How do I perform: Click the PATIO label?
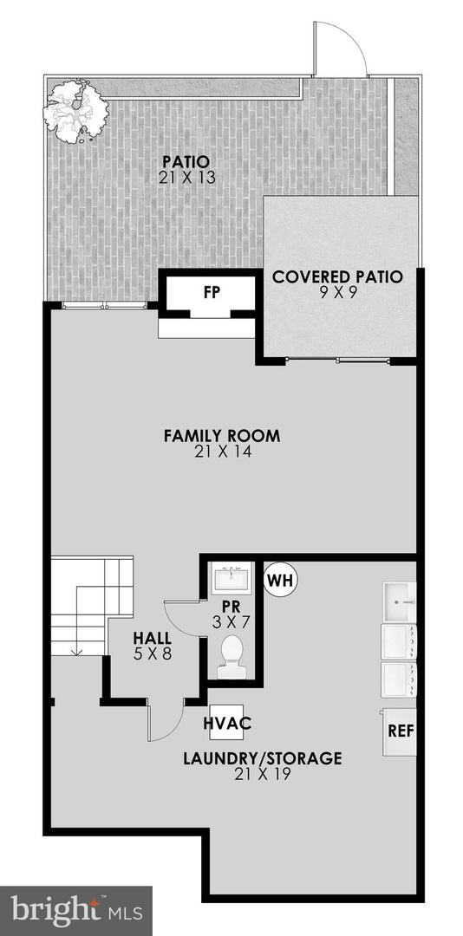pyautogui.click(x=186, y=161)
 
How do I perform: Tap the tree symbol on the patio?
pyautogui.click(x=77, y=109)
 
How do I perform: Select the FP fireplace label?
pyautogui.click(x=211, y=292)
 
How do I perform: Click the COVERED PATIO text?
pyautogui.click(x=337, y=277)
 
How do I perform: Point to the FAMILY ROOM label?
pyautogui.click(x=221, y=435)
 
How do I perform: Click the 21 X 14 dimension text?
pyautogui.click(x=221, y=452)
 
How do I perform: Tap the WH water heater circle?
pyautogui.click(x=280, y=578)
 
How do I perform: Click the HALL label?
pyautogui.click(x=152, y=637)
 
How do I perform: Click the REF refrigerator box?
pyautogui.click(x=400, y=731)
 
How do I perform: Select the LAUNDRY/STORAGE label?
pyautogui.click(x=262, y=758)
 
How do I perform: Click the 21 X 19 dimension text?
pyautogui.click(x=262, y=774)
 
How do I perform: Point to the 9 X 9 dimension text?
pyautogui.click(x=337, y=294)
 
